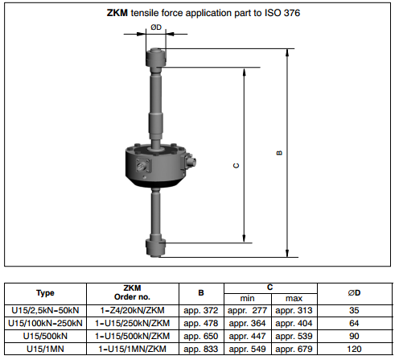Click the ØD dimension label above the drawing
(156, 27)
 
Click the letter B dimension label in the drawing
(279, 153)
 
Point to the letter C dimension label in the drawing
(237, 166)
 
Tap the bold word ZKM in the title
(117, 13)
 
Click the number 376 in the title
(292, 13)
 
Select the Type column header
(45, 293)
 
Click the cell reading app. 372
(201, 311)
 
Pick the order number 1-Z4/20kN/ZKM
(132, 311)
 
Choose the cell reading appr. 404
(294, 324)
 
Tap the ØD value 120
(354, 349)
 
